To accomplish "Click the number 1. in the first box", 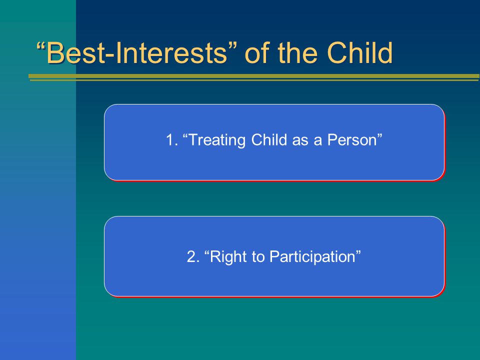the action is coord(172,140).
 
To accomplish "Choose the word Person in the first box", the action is coord(352,140).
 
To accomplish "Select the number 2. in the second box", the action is coord(193,256).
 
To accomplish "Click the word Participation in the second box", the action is coord(312,257).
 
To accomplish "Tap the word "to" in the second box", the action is coord(258,257).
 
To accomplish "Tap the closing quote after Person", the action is coord(379,135).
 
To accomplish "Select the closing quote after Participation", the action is coord(358,252).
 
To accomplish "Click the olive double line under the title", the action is coord(254,77).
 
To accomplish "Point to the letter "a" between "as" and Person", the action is coord(317,141).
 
